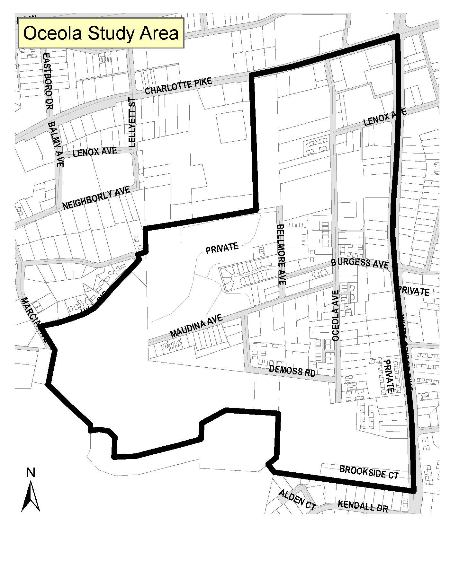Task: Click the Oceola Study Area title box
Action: coord(101,33)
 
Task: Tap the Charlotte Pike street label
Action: coord(178,86)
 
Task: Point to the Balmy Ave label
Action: coord(56,144)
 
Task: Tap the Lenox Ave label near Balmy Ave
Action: coord(94,152)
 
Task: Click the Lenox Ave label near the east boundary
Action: coord(385,117)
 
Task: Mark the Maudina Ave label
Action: coord(196,326)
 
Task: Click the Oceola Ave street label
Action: coord(336,316)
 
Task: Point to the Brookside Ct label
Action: coord(369,472)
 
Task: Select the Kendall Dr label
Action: coord(363,506)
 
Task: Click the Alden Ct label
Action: coord(297,500)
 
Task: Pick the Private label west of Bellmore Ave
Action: coord(222,248)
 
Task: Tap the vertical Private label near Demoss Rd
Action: coord(389,376)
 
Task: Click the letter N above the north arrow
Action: coord(31,473)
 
